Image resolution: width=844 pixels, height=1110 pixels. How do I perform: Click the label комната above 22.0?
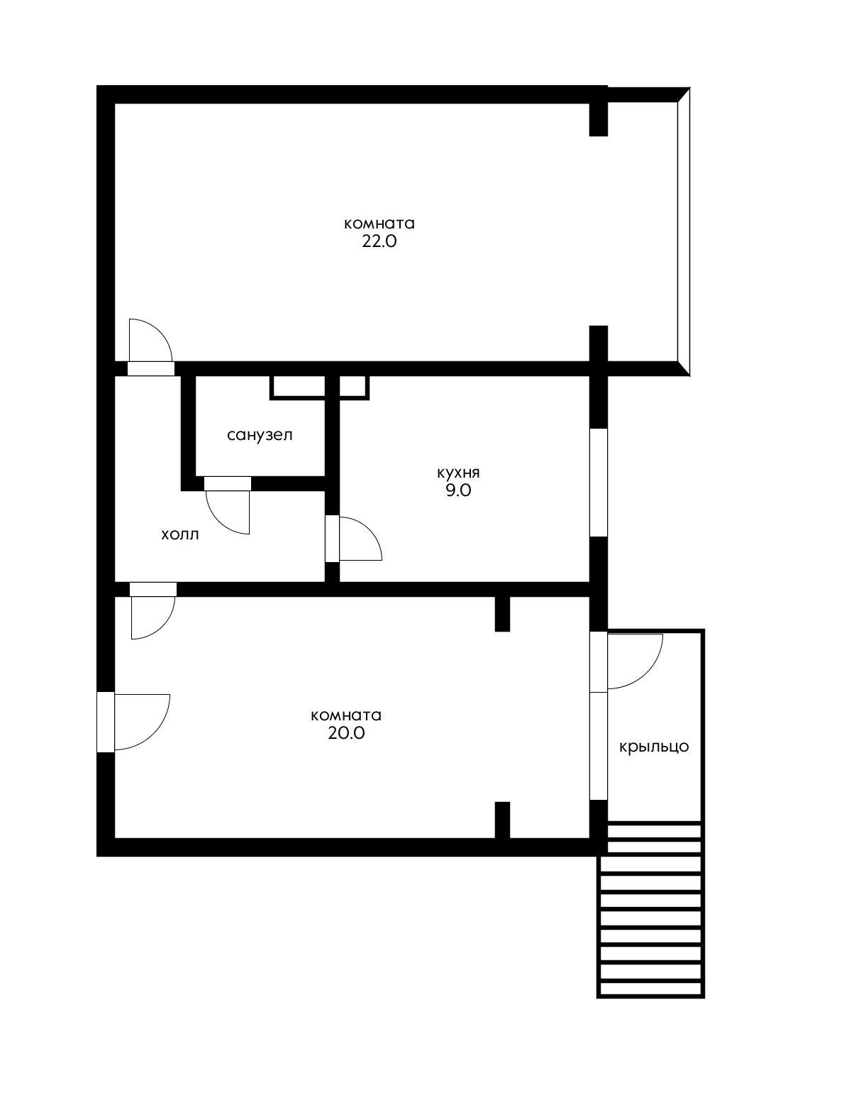(379, 224)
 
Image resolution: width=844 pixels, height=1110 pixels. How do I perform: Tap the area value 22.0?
(379, 241)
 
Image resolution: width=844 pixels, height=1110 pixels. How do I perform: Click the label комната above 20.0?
(346, 715)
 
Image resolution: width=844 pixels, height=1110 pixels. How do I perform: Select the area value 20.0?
(346, 733)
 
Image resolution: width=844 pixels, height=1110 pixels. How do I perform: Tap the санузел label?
(260, 435)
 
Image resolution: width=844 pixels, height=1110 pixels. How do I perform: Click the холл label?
(180, 534)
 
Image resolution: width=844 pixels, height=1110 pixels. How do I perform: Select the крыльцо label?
(654, 747)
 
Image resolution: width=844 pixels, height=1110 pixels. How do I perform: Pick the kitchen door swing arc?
(360, 539)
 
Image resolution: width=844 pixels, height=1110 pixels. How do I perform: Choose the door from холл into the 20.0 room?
(152, 615)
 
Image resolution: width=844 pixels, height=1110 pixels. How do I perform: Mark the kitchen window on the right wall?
(599, 483)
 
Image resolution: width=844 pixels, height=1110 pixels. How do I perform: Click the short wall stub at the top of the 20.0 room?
(502, 614)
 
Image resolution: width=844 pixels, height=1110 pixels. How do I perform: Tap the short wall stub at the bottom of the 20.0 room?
(502, 820)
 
